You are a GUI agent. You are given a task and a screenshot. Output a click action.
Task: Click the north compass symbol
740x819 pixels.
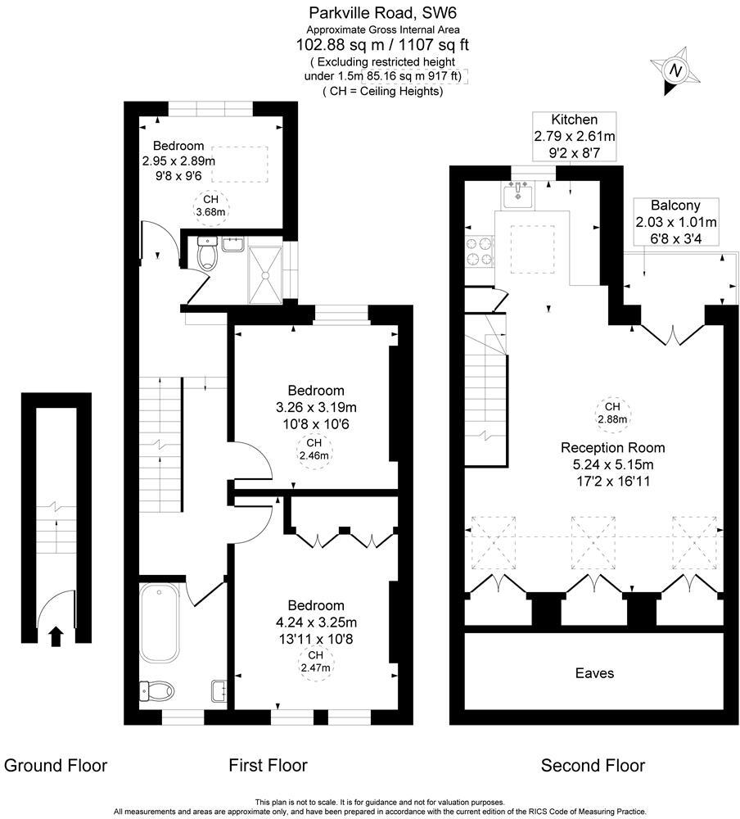pos(675,71)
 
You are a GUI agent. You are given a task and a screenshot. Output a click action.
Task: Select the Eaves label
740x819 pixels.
pos(593,673)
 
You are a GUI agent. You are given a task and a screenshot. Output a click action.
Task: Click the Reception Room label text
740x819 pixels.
pos(612,448)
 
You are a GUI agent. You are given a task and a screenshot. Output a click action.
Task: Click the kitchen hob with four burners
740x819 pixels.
pos(479,251)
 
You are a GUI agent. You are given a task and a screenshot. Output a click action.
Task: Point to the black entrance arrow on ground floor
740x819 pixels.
pos(56,636)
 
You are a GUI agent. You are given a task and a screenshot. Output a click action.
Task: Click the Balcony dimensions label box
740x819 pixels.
pos(675,222)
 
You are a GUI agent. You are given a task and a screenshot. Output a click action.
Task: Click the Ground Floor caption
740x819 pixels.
pos(56,766)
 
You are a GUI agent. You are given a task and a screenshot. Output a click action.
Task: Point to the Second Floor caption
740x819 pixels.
pos(593,766)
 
